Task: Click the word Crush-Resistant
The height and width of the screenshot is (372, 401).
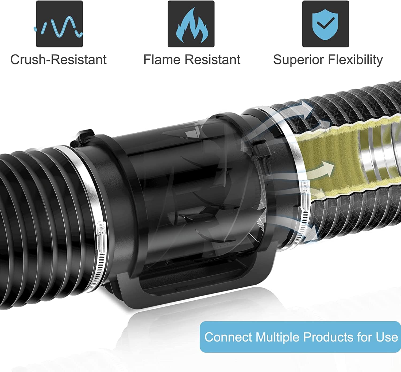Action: [58, 60]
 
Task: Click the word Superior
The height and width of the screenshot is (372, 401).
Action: [299, 60]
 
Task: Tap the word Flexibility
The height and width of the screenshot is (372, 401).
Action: [355, 60]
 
